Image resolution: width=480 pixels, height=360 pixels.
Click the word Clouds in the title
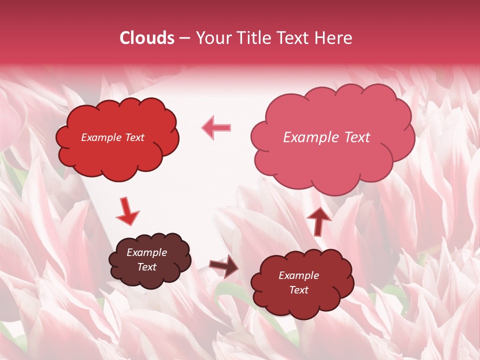[x=147, y=38]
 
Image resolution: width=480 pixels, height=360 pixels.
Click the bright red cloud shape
[x=117, y=155]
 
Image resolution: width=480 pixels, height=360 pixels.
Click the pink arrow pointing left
[x=216, y=127]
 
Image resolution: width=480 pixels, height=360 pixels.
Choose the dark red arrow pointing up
[x=318, y=221]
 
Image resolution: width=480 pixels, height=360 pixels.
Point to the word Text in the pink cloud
[x=356, y=137]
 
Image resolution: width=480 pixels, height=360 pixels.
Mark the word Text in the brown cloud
[x=147, y=267]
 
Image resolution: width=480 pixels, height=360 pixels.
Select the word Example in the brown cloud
[x=147, y=252]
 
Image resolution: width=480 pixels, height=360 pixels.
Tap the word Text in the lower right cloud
[x=299, y=290]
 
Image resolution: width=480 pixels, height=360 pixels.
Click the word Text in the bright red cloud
[x=135, y=137]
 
